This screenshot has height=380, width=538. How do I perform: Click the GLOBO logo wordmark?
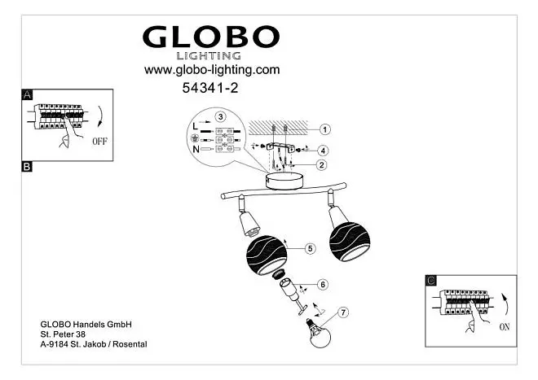pos(211,37)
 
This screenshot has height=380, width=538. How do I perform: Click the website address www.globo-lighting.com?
pos(212,70)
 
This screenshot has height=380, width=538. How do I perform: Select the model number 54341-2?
pos(210,88)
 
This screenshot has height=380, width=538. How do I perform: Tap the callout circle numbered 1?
pos(324,129)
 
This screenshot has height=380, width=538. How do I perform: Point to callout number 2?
pos(321,165)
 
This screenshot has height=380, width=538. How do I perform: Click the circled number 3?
pos(220,117)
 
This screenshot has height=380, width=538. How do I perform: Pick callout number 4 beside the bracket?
pos(323,151)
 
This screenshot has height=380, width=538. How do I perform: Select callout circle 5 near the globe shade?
pos(311,248)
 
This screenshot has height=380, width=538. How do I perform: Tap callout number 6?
pos(323,285)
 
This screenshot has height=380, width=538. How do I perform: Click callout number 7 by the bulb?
pos(343,312)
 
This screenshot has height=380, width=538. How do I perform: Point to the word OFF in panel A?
pos(99,141)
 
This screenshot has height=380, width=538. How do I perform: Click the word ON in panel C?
pos(505,327)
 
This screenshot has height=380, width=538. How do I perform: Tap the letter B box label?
pos(27,167)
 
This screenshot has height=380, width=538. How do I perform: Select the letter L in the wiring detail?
pos(196,126)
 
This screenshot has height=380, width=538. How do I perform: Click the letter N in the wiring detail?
pos(196,149)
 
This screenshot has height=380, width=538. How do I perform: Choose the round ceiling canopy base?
pos(284,181)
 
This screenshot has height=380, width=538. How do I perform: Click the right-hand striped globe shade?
pos(350,241)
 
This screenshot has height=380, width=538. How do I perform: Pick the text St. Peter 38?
pos(63,334)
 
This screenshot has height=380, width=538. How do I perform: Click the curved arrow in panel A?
pos(100,116)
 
